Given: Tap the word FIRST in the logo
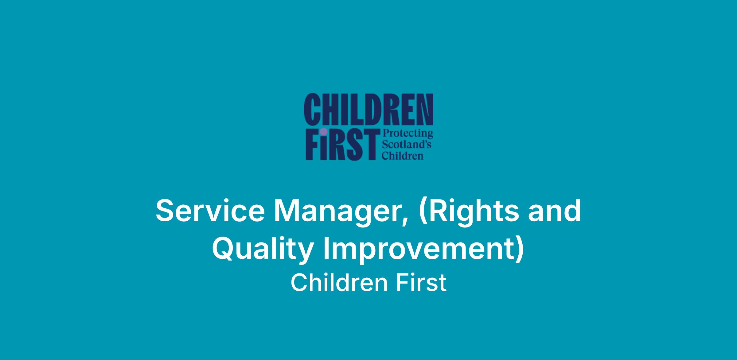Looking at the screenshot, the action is coord(341,144).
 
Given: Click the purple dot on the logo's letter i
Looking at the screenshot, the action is coord(323,132).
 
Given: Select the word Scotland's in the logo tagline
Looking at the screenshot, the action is coord(406,145).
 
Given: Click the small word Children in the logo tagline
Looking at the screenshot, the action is coord(402,155).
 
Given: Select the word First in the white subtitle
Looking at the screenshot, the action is coord(421,283).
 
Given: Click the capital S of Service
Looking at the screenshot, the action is coord(166,211).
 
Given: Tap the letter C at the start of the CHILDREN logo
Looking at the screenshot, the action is coord(311,110).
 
